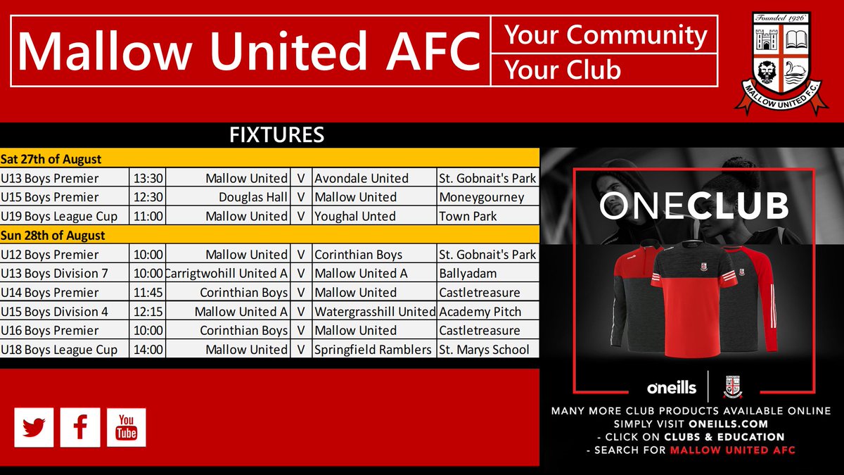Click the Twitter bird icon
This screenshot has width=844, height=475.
tap(34, 427)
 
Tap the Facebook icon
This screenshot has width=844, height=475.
tap(80, 427)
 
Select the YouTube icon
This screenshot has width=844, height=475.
tap(127, 427)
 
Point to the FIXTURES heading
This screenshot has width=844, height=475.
tap(276, 135)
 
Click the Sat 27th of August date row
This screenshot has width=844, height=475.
tap(51, 159)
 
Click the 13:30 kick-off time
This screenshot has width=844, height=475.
tap(148, 178)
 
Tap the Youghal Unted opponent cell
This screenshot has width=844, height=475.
tap(354, 216)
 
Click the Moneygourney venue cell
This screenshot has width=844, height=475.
tap(481, 197)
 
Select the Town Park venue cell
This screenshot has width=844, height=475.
tap(468, 216)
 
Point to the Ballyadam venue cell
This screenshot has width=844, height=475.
tap(468, 273)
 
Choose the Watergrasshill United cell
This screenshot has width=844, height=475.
tap(374, 311)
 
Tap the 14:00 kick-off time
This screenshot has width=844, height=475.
tap(148, 349)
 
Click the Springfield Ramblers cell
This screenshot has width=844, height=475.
tap(373, 349)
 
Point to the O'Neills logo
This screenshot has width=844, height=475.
tap(671, 387)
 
